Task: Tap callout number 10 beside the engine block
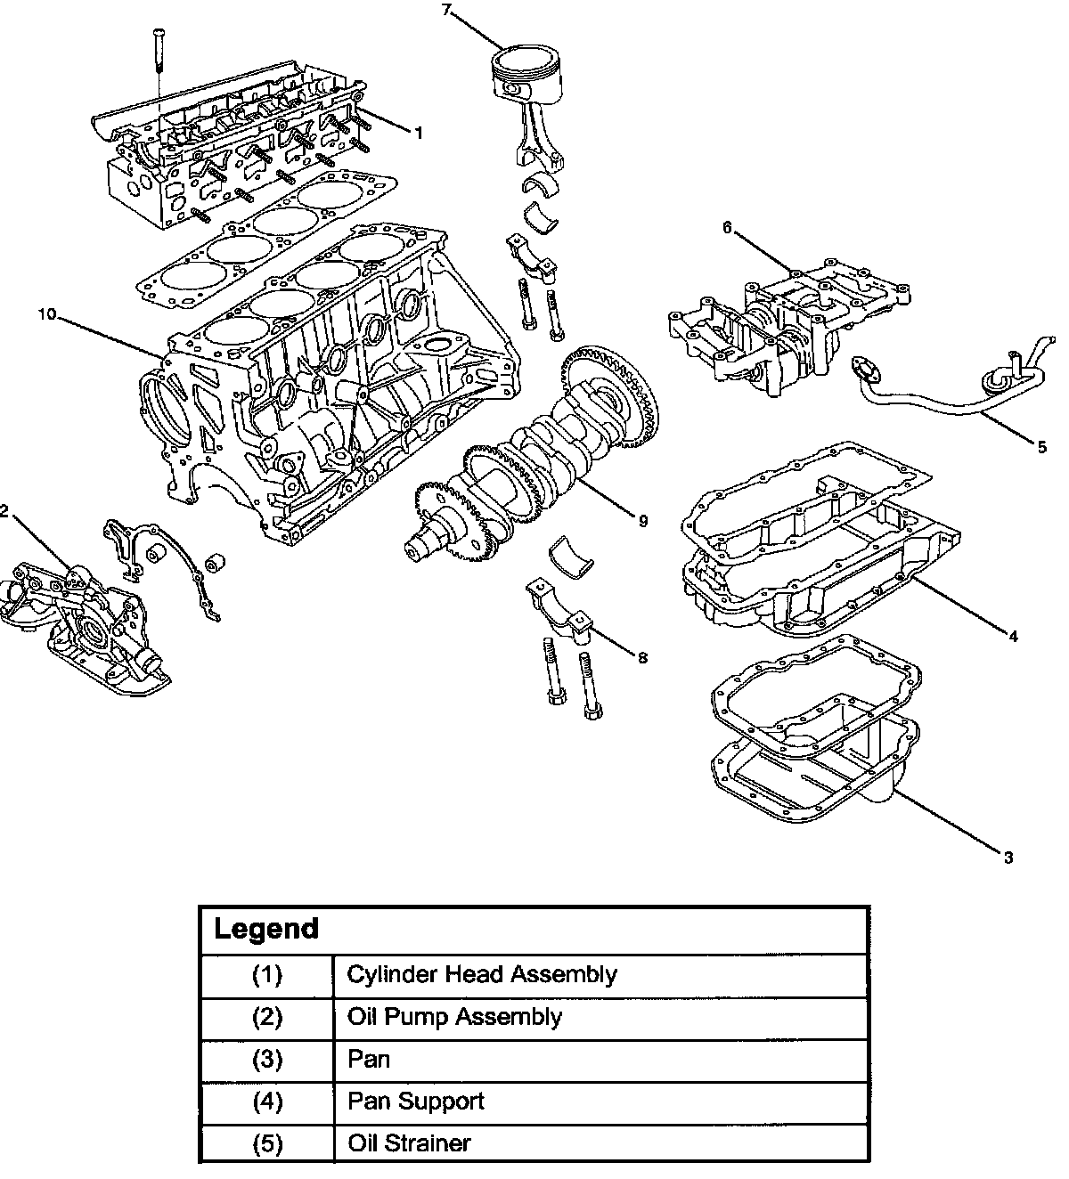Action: click(47, 314)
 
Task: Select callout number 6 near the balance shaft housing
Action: click(728, 227)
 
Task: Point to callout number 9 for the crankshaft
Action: click(642, 521)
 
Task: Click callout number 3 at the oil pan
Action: click(1008, 858)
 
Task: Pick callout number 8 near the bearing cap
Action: click(642, 658)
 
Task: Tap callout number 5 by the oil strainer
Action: click(1042, 447)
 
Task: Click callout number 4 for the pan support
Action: click(1013, 636)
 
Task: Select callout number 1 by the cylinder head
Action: click(419, 134)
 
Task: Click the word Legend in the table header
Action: click(266, 929)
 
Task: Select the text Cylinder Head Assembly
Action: click(482, 974)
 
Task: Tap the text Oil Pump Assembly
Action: click(454, 1017)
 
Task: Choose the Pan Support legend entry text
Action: click(416, 1102)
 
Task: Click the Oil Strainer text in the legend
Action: click(409, 1143)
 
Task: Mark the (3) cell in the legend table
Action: click(267, 1059)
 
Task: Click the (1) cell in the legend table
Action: click(267, 974)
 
